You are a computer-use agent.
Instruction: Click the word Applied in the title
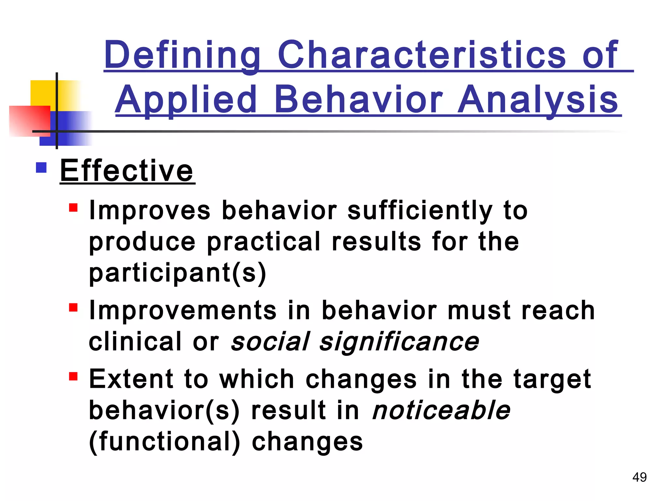[x=186, y=99]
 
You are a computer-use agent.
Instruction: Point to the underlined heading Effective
[x=127, y=171]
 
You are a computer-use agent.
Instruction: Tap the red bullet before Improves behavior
[x=73, y=208]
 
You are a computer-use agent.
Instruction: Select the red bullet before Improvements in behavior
[x=73, y=308]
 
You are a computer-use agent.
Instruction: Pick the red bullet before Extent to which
[x=73, y=376]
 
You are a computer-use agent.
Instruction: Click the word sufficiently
[x=419, y=211]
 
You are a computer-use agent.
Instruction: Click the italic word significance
[x=399, y=342]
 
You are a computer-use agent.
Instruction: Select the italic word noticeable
[x=441, y=410]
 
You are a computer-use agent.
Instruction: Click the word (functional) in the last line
[x=164, y=442]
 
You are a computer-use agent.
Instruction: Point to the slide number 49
[x=639, y=477]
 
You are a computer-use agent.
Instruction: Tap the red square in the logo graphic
[x=28, y=121]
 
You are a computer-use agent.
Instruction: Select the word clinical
[x=135, y=342]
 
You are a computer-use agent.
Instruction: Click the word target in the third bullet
[x=552, y=379]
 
